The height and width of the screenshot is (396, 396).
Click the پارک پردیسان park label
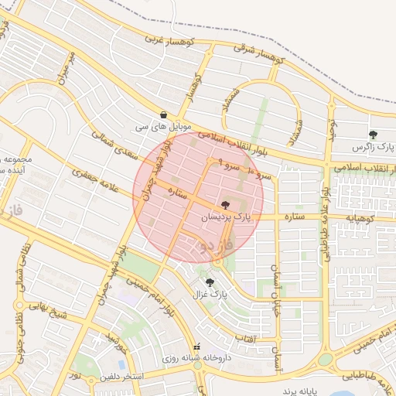pos(227,218)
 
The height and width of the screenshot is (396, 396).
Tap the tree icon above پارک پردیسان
pos(225,205)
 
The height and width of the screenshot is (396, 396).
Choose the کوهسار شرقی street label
pos(261,54)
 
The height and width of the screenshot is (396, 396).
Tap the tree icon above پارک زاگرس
pos(374,135)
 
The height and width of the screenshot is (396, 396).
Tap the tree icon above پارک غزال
pos(210,282)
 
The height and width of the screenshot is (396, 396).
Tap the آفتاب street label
pos(244,338)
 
